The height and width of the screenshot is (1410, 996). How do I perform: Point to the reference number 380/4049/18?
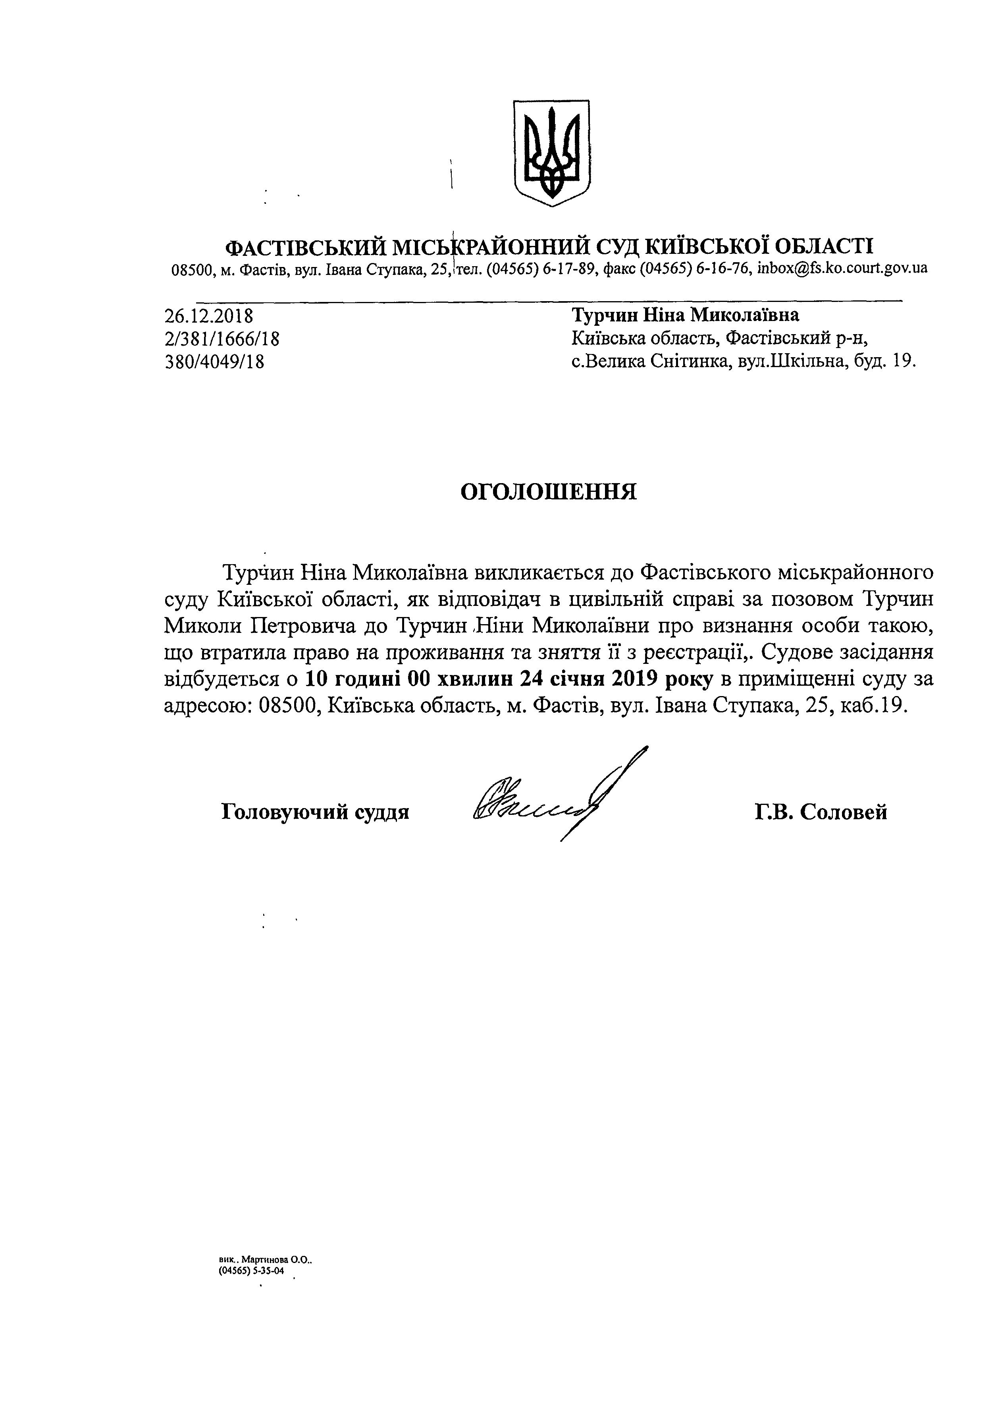[x=215, y=362]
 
